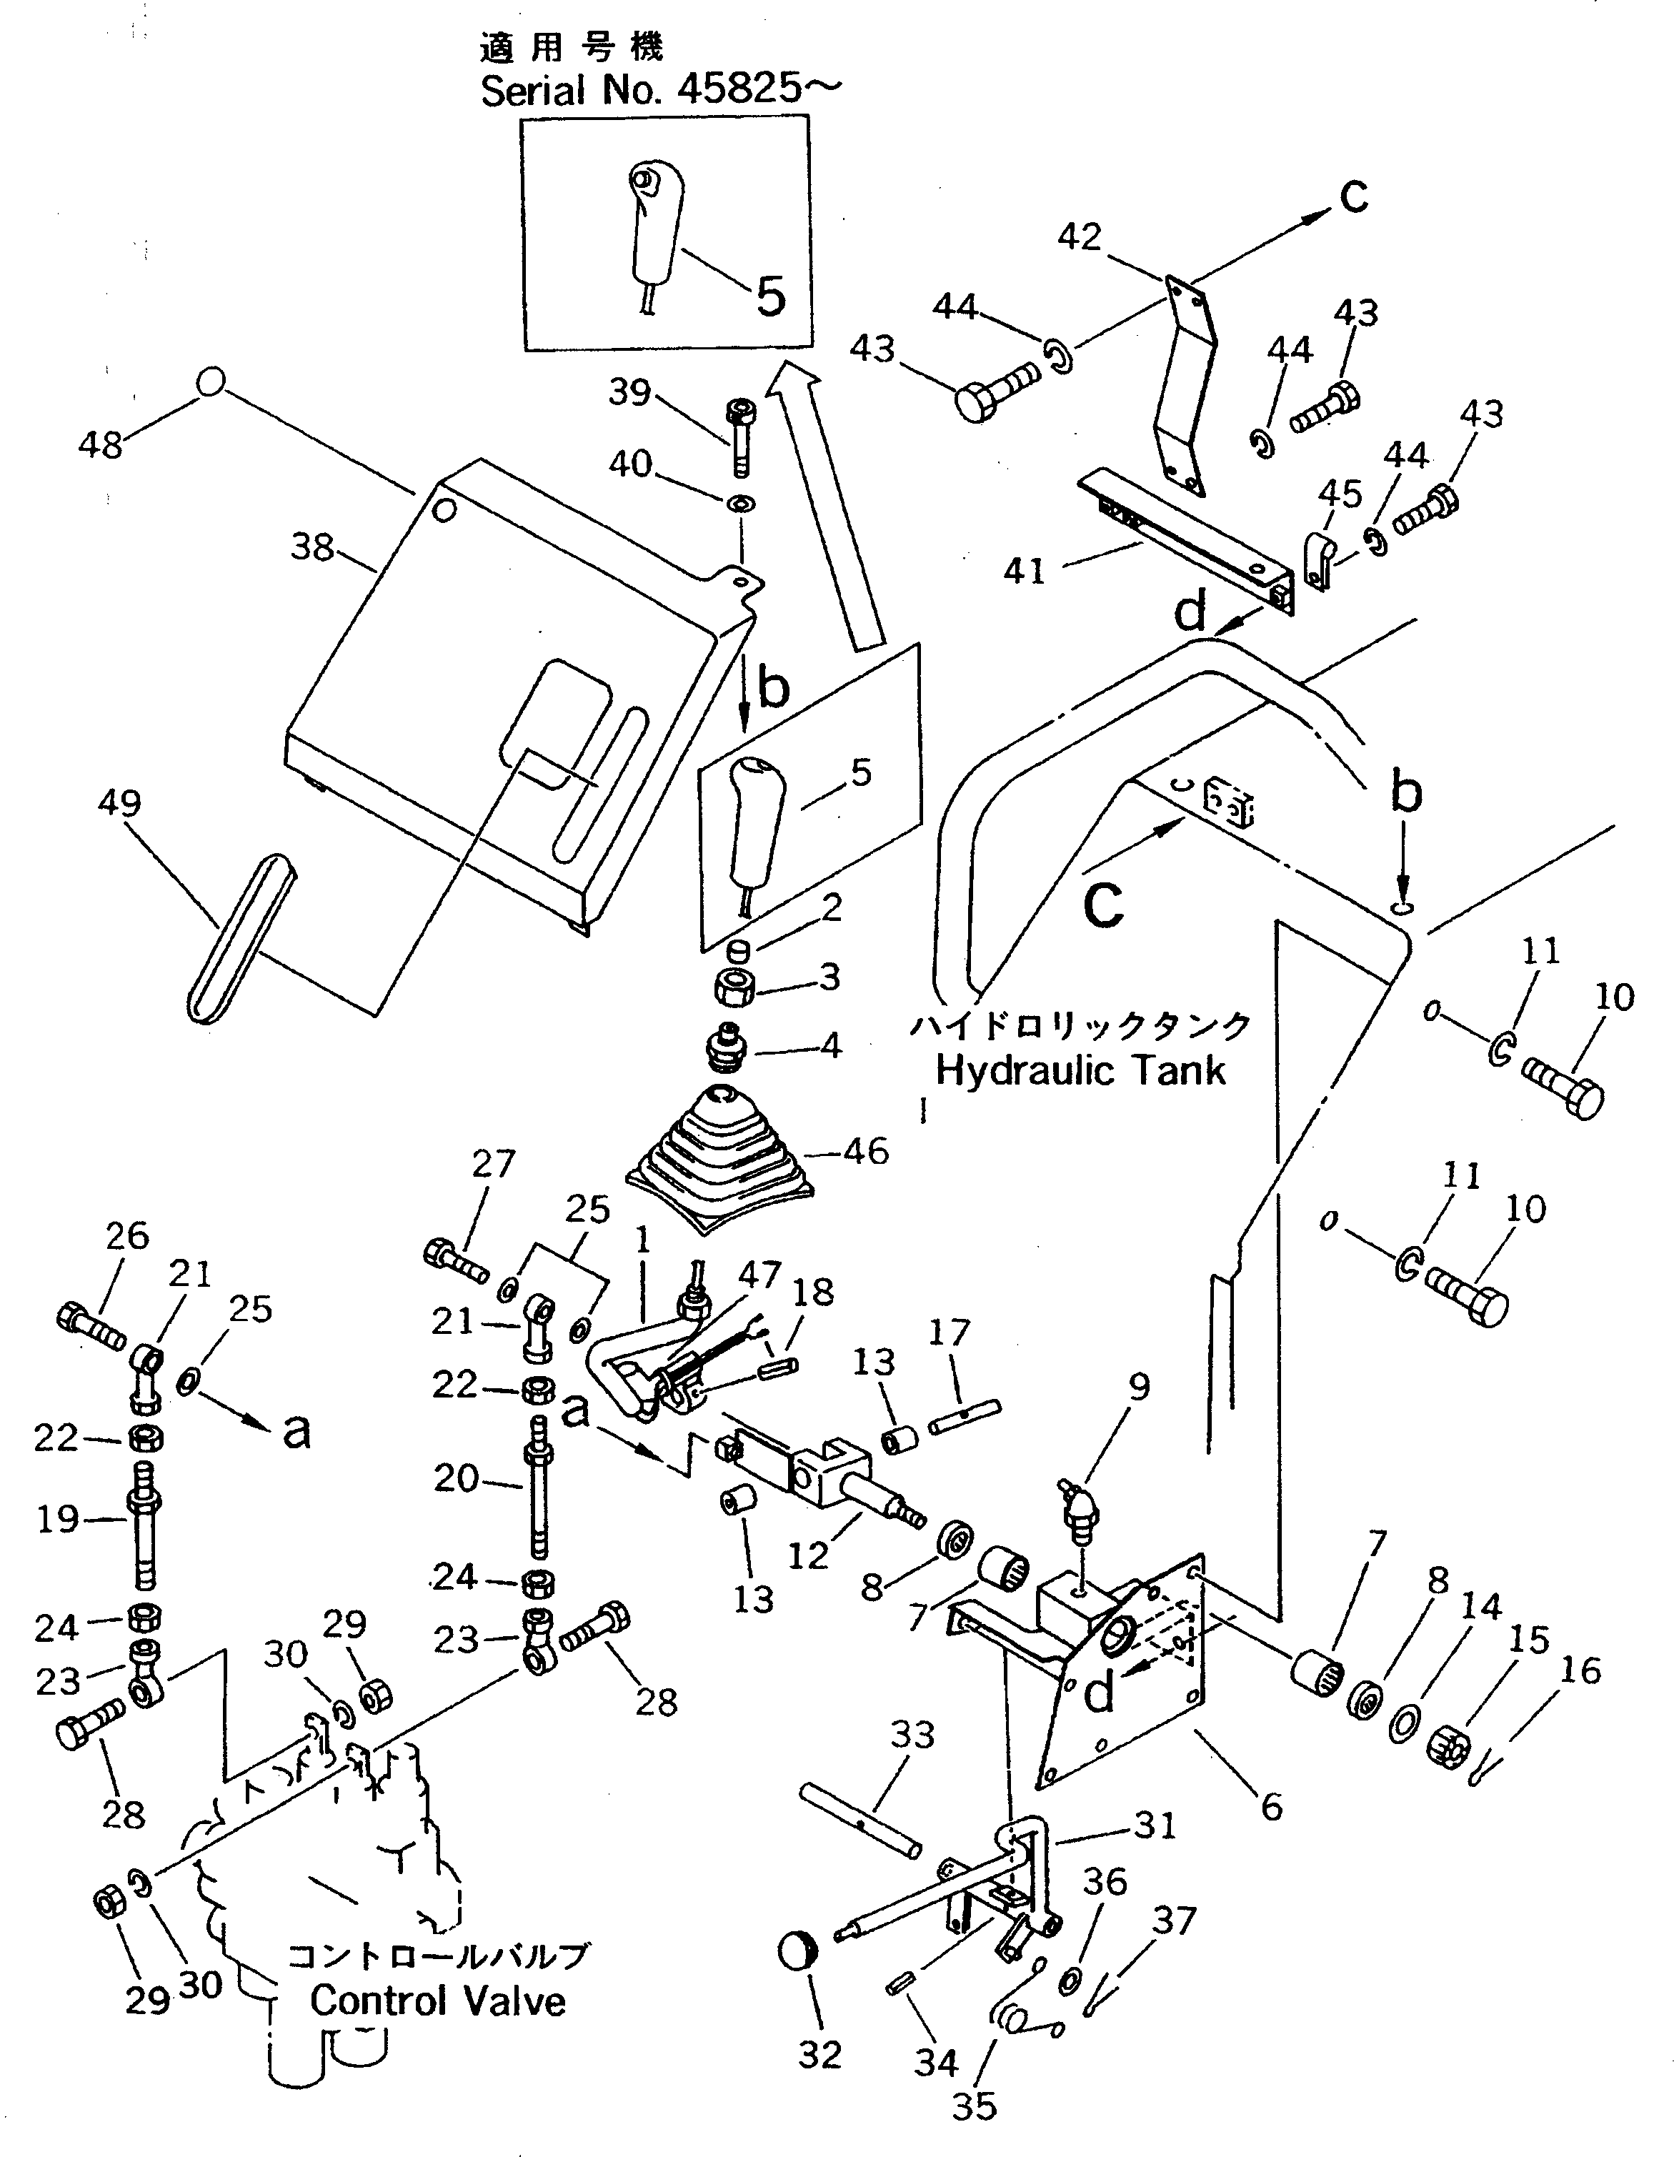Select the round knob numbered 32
point(798,1950)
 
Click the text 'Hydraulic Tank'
point(1080,1070)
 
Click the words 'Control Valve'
point(437,2002)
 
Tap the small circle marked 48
point(209,382)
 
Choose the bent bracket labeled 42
point(1183,385)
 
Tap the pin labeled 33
point(860,1821)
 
